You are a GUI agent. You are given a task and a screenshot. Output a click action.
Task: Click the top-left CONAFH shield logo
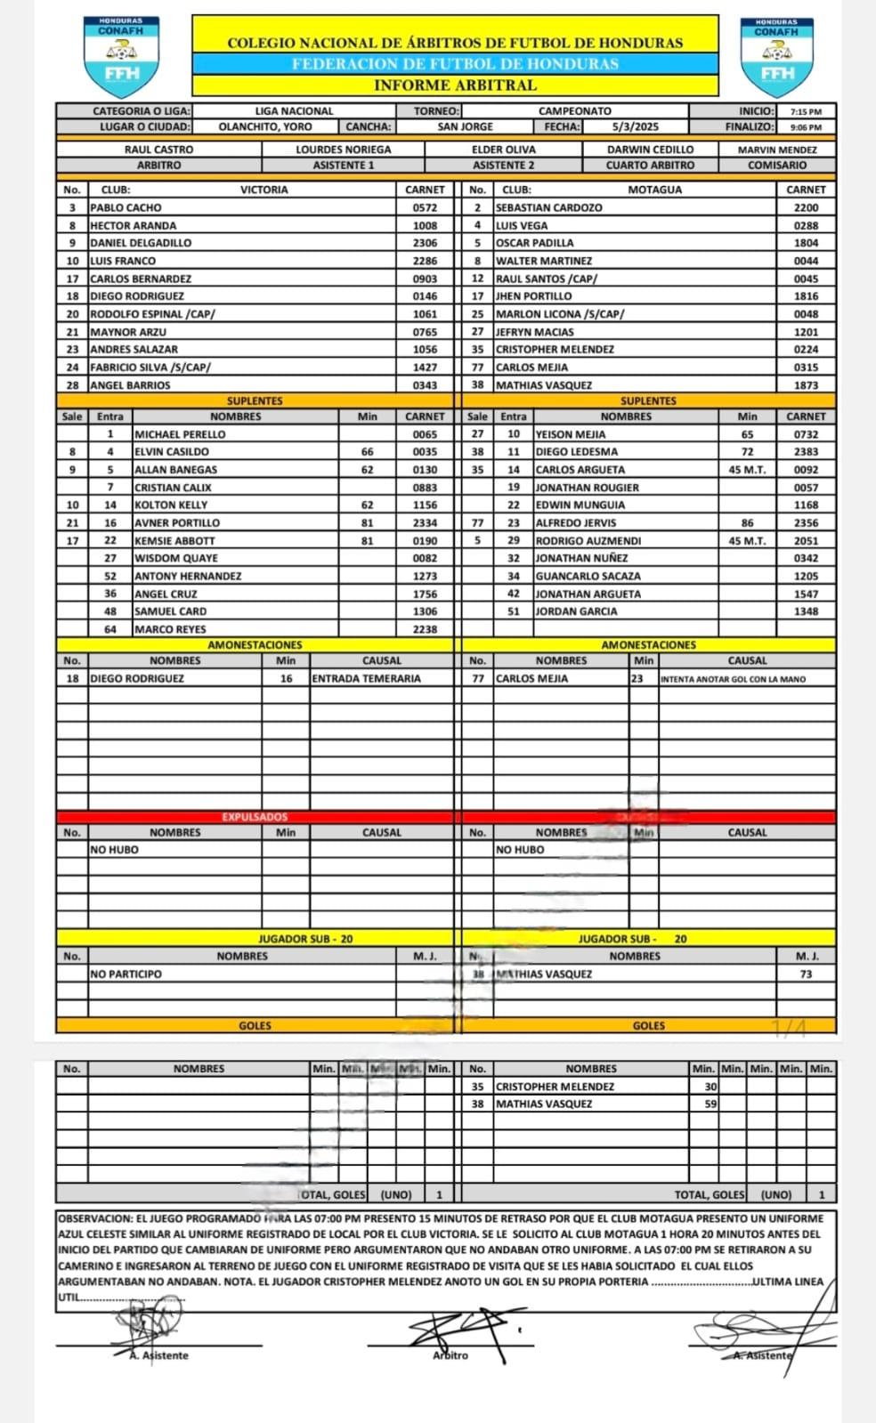pyautogui.click(x=121, y=55)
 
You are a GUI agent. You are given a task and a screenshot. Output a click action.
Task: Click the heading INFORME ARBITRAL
pyautogui.click(x=455, y=85)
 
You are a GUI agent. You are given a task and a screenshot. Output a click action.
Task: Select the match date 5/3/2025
pyautogui.click(x=636, y=127)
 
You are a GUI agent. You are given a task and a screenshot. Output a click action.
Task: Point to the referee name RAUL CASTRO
pyautogui.click(x=158, y=150)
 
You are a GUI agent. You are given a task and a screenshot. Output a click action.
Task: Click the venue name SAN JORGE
pyautogui.click(x=465, y=127)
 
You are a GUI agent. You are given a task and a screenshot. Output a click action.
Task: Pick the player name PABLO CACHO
pyautogui.click(x=126, y=207)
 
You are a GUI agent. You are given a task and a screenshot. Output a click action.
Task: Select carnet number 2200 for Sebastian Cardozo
pyautogui.click(x=806, y=207)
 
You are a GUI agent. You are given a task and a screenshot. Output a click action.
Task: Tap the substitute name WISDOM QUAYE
pyautogui.click(x=176, y=558)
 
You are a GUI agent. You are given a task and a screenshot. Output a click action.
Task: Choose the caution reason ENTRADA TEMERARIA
pyautogui.click(x=366, y=678)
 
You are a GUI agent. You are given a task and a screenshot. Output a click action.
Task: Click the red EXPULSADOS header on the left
pyautogui.click(x=255, y=817)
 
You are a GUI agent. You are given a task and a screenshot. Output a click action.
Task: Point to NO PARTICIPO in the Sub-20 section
pyautogui.click(x=126, y=974)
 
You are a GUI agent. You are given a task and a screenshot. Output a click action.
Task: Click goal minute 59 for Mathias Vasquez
pyautogui.click(x=710, y=1104)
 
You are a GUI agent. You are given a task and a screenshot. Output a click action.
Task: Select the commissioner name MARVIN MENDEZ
pyautogui.click(x=777, y=150)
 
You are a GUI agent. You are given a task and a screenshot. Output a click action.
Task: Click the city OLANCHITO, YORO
pyautogui.click(x=265, y=127)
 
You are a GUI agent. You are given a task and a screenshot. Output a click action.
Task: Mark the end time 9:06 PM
pyautogui.click(x=806, y=127)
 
